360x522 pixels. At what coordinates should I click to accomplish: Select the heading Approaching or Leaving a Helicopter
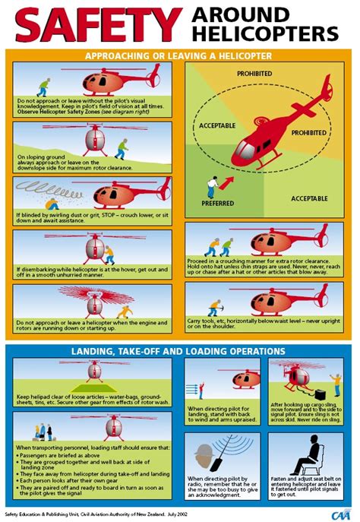pos(179,56)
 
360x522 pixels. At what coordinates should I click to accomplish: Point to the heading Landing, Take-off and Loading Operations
pos(179,351)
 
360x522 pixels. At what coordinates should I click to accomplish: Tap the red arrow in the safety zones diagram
pos(226,181)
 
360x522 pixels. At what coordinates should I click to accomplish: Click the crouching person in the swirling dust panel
pos(55,201)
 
